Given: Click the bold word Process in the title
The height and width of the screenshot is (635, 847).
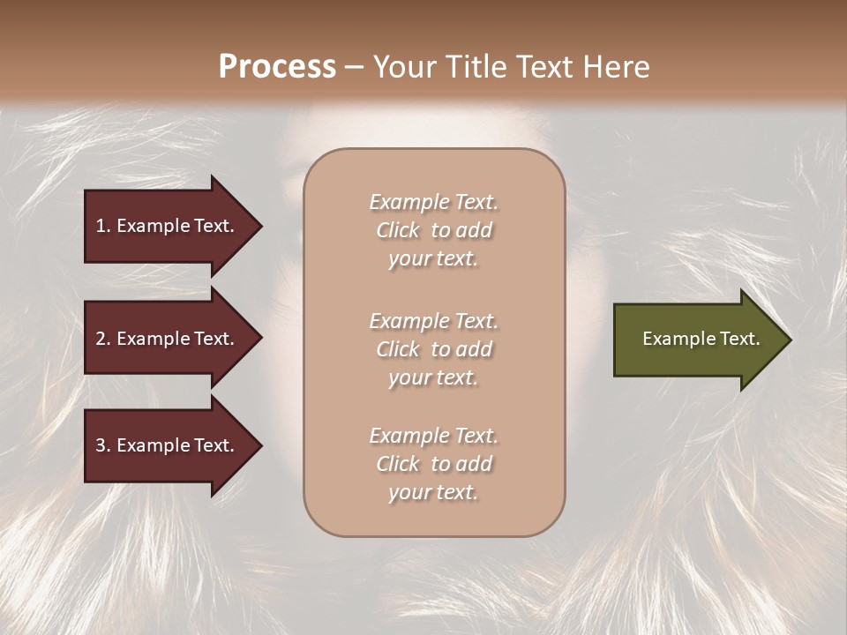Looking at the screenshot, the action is (x=277, y=66).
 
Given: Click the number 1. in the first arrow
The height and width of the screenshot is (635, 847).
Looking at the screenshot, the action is (x=103, y=226).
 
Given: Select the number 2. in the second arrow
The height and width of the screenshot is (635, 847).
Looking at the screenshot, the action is (x=103, y=339).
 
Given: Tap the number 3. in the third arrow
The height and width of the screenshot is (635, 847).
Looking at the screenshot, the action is (x=103, y=445).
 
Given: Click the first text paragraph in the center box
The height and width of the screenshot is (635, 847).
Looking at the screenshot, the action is (x=433, y=230).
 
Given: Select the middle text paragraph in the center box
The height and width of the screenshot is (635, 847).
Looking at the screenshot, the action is (x=433, y=349).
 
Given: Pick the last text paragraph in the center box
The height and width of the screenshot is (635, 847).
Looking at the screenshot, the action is (x=433, y=464).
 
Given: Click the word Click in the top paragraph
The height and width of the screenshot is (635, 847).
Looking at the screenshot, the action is (x=398, y=230).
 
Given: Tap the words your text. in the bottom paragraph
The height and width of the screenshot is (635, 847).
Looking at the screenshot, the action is (x=433, y=492).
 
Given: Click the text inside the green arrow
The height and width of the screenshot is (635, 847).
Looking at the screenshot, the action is (x=701, y=339).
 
